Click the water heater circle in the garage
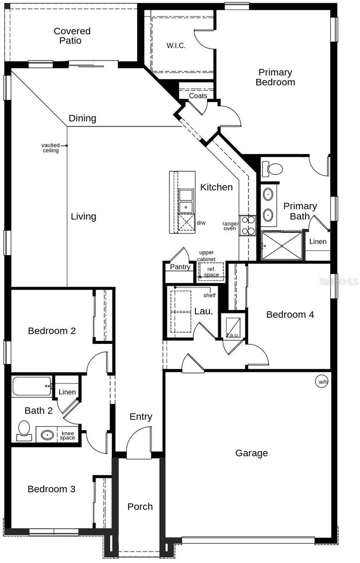[322, 381]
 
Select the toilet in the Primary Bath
[272, 169]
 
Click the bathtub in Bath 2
[32, 386]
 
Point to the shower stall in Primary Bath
[282, 245]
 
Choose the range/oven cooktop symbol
[247, 225]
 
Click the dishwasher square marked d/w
[186, 222]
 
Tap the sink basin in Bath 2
[47, 434]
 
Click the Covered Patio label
[72, 36]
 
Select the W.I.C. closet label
[176, 46]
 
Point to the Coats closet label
[198, 96]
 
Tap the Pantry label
[180, 267]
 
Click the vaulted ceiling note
[51, 148]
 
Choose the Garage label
[252, 453]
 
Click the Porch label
[140, 506]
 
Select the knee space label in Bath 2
[68, 435]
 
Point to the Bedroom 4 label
[290, 314]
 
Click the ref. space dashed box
[211, 272]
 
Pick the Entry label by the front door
[141, 417]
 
